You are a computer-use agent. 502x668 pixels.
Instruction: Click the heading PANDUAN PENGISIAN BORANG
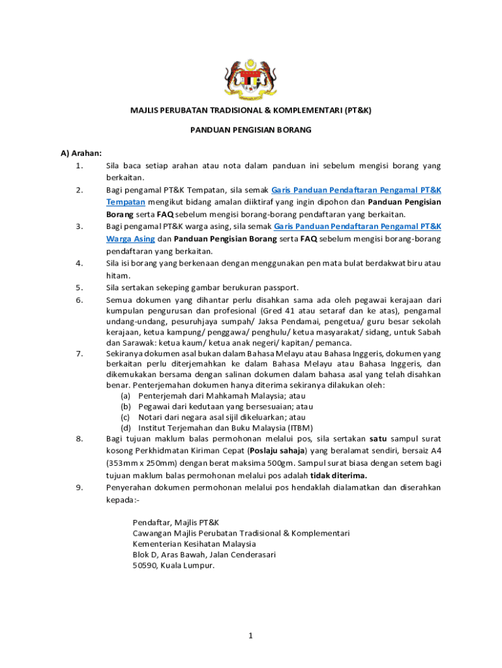(250, 130)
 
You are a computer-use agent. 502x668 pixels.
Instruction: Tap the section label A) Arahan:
(81, 153)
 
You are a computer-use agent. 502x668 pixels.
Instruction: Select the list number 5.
(79, 287)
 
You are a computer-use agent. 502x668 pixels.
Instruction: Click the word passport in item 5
(282, 287)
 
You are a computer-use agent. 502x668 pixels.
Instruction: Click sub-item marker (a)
(126, 396)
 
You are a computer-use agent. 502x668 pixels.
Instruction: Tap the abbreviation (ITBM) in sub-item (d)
(299, 428)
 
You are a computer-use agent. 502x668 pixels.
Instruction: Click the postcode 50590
(145, 566)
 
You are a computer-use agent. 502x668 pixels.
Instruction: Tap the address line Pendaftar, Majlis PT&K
(176, 523)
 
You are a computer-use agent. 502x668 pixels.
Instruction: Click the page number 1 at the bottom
(250, 636)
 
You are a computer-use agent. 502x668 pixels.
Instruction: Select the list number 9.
(79, 487)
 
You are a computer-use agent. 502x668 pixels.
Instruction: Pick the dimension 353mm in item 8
(122, 463)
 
